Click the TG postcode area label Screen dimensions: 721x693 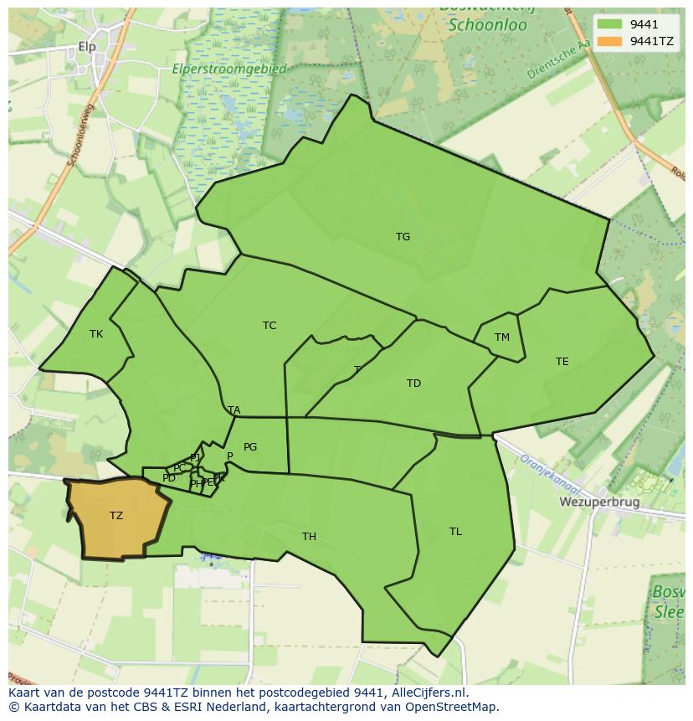click(403, 237)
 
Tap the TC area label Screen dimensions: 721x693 click(269, 326)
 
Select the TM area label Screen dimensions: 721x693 click(501, 337)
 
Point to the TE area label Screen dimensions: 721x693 click(562, 362)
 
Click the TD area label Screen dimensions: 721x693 click(413, 384)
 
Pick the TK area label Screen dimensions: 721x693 click(96, 334)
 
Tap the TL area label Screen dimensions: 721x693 click(455, 532)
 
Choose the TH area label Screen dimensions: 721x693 click(309, 537)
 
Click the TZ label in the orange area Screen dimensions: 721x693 click(116, 516)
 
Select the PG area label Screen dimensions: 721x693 click(250, 447)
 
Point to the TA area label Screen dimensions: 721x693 click(234, 410)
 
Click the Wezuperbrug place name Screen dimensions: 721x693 click(599, 502)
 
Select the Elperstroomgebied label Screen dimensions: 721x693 click(229, 70)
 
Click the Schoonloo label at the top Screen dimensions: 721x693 click(487, 25)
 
